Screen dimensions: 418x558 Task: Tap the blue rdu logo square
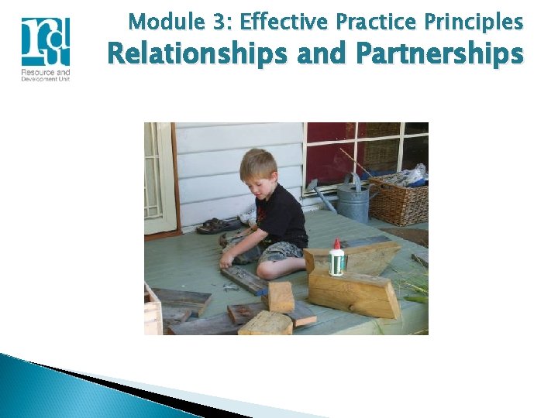(x=46, y=42)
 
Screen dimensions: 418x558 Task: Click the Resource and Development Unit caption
(x=46, y=76)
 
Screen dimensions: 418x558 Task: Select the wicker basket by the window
(x=397, y=200)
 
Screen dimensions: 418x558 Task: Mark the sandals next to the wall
(x=213, y=226)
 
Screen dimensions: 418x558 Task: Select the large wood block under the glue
(x=353, y=293)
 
